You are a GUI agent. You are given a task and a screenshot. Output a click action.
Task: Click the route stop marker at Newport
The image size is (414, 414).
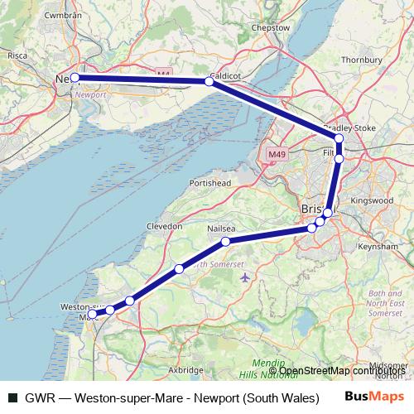coord(75,77)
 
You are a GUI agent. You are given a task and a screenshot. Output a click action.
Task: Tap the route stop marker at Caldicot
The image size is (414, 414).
coord(209,81)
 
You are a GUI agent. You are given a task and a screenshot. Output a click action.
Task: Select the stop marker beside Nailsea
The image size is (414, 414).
coord(225,242)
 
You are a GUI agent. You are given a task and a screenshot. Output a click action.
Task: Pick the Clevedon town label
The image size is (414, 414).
coord(165,225)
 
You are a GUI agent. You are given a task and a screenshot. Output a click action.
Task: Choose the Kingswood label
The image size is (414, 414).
coord(370,200)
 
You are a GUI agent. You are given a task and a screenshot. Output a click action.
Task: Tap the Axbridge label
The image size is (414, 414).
coord(185,369)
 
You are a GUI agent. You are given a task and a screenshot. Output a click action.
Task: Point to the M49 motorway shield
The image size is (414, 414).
coord(277,154)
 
